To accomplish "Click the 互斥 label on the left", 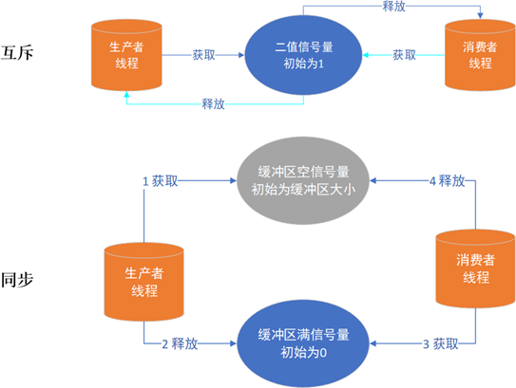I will click(17, 51).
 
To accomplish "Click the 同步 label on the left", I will click(17, 283).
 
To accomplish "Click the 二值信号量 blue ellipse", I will click(303, 53).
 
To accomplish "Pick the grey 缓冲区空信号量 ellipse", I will click(303, 179).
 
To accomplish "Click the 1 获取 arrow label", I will click(160, 179).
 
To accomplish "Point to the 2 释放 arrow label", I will click(179, 342).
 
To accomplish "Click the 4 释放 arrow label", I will click(444, 179).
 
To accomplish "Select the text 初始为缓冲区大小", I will click(303, 189).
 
